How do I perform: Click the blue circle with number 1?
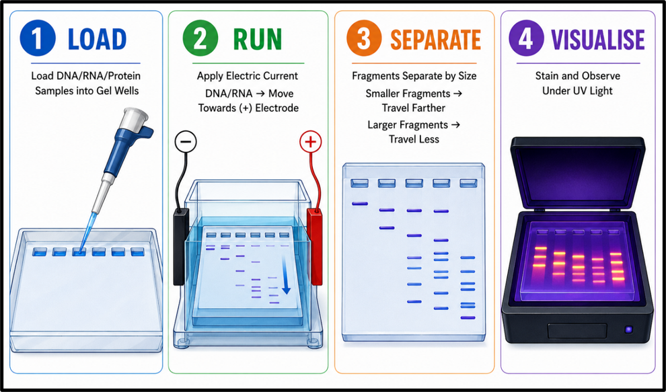(x=38, y=38)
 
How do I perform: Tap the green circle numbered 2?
(x=200, y=38)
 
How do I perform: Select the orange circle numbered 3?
(x=364, y=38)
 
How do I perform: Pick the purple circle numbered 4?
(x=526, y=38)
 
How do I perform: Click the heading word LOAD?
(x=98, y=39)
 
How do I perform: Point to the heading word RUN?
(x=258, y=39)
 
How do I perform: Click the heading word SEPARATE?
(x=435, y=39)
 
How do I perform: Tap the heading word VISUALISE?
(x=598, y=39)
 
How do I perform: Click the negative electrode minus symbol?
(x=186, y=141)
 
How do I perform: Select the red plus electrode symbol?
(x=311, y=141)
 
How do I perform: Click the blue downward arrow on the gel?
(x=285, y=277)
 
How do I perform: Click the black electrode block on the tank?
(x=180, y=246)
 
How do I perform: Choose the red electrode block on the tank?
(x=315, y=246)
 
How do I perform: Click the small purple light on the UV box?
(x=628, y=329)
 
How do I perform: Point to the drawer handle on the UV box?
(x=577, y=330)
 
